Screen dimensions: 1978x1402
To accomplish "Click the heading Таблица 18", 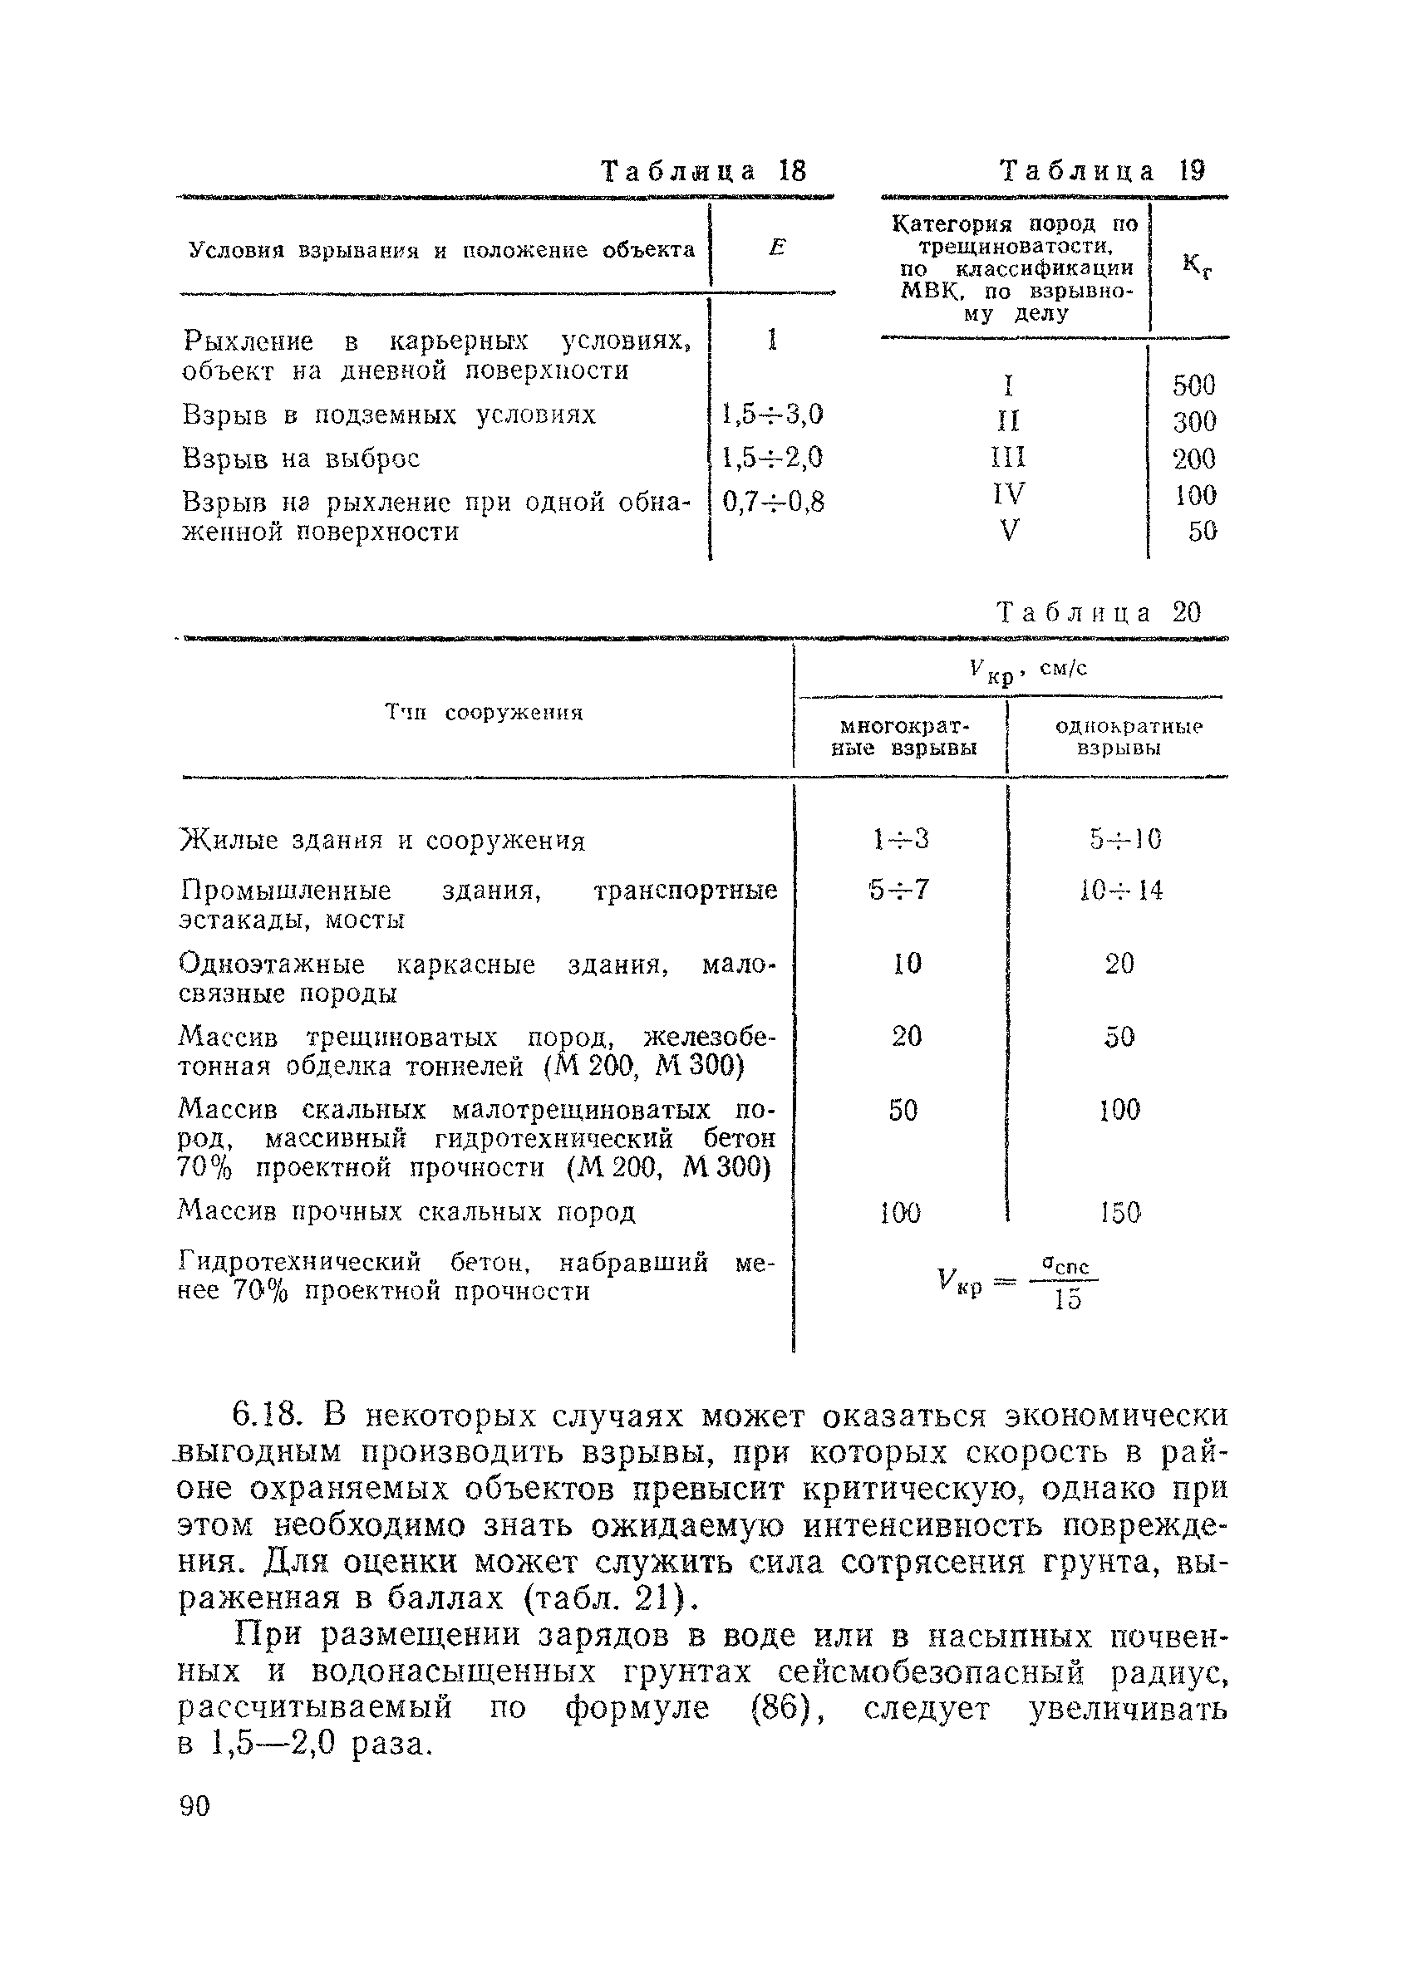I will point(703,172).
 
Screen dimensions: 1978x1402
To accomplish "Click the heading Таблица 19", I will point(1102,171).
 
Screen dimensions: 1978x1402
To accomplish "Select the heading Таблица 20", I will point(1098,613).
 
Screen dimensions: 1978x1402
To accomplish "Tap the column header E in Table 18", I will point(776,248).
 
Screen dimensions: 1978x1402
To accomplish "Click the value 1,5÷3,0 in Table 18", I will point(772,415).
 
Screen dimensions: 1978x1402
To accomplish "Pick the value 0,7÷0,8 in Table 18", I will point(773,502).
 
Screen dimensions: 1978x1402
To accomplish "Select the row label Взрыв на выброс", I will point(301,459).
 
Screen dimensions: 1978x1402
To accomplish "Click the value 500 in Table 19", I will point(1194,385).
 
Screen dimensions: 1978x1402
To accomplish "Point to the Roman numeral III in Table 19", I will point(1008,458).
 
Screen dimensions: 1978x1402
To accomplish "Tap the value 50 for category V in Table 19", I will point(1201,531).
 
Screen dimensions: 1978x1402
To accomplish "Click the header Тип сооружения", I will point(484,713).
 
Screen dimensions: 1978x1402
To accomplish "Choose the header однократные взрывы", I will point(1129,737).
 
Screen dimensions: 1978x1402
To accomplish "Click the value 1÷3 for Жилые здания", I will point(900,839).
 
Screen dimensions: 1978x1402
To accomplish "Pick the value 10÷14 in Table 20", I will point(1120,890).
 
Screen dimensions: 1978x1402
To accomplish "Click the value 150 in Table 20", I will point(1120,1214).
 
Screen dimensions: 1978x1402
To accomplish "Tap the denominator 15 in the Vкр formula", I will point(1068,1299).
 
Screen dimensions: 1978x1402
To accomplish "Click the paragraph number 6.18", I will point(267,1416).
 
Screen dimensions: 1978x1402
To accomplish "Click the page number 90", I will point(194,1805).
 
